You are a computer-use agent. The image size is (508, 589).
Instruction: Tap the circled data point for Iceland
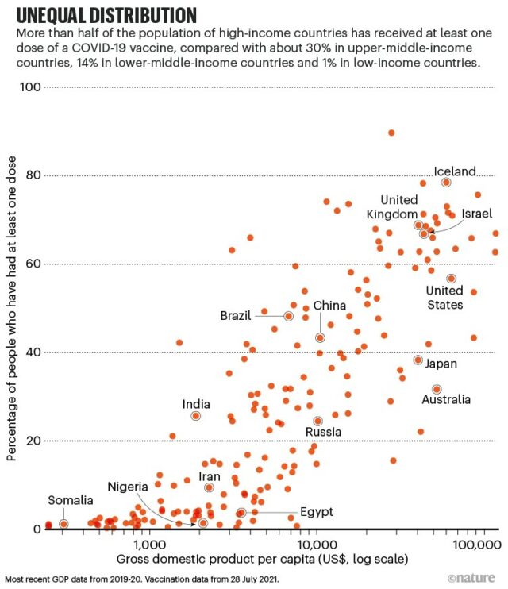click(x=447, y=182)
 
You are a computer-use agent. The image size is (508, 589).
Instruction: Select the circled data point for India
click(x=196, y=416)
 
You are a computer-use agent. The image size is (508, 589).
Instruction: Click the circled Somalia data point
click(x=63, y=524)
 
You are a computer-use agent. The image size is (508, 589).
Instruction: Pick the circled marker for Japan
click(x=418, y=360)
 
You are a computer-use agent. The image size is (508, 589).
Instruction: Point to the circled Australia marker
click(x=437, y=389)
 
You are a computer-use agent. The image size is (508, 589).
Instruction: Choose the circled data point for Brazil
click(x=289, y=316)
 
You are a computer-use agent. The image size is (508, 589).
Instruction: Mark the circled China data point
click(x=321, y=337)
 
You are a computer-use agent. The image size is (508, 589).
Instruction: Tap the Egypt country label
click(x=317, y=512)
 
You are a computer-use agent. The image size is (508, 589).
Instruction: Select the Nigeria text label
click(x=129, y=486)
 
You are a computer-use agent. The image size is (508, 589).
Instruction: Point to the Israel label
click(x=477, y=214)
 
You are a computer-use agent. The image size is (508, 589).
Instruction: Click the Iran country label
click(x=210, y=476)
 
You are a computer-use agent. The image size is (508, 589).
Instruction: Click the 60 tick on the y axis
click(x=33, y=264)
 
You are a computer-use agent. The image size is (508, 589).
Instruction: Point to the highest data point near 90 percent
click(x=391, y=133)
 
